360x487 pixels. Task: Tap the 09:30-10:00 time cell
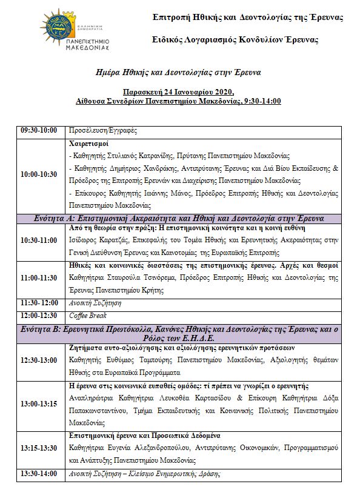[x=39, y=130]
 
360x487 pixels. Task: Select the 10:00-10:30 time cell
[x=39, y=174]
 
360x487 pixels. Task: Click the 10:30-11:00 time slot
[x=39, y=240]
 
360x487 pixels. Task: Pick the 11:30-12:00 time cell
[x=39, y=302]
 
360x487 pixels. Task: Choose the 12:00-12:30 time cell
[x=39, y=316]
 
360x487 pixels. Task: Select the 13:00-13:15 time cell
[x=39, y=403]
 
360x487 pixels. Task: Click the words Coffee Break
[x=88, y=316]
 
